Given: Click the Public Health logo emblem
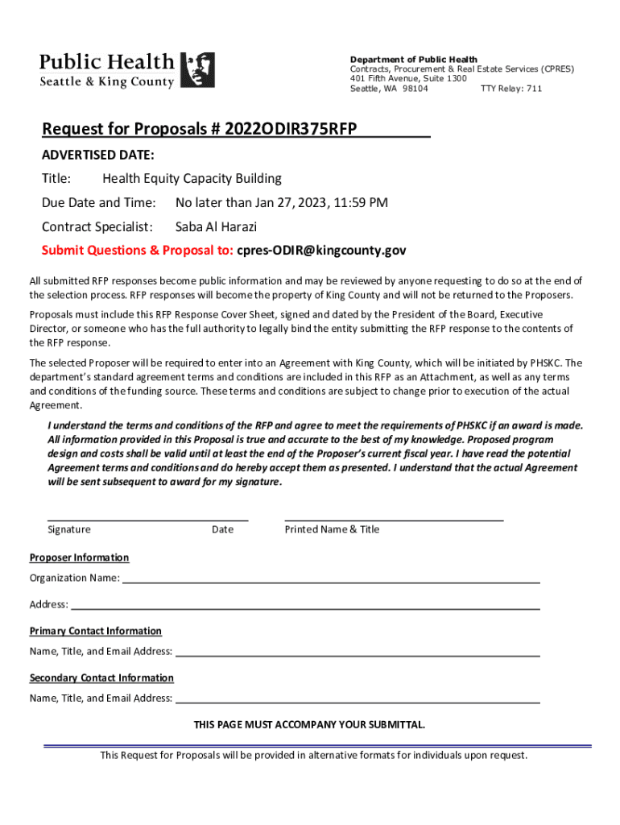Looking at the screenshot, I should click(x=196, y=70).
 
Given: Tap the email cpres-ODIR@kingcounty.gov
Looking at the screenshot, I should click(x=321, y=251).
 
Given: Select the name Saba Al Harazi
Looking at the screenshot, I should click(x=216, y=226).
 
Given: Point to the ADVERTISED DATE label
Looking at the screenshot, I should click(x=98, y=154).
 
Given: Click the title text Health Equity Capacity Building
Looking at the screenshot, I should click(x=192, y=178).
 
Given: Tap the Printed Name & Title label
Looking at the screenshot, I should click(x=332, y=529).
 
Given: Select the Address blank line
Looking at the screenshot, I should click(x=305, y=607).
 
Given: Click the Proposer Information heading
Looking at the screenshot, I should click(x=79, y=558).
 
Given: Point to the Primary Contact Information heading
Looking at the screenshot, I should click(x=96, y=631).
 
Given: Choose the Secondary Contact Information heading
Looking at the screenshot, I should click(x=101, y=678).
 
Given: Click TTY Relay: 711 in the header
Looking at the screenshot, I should click(x=510, y=89).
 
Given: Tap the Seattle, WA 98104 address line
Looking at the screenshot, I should click(x=389, y=89).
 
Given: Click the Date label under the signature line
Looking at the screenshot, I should click(x=222, y=529).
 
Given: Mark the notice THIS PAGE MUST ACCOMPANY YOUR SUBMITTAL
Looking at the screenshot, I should click(x=309, y=724).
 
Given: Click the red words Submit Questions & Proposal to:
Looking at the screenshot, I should click(x=138, y=251).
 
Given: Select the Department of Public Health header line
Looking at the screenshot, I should click(x=413, y=60).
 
